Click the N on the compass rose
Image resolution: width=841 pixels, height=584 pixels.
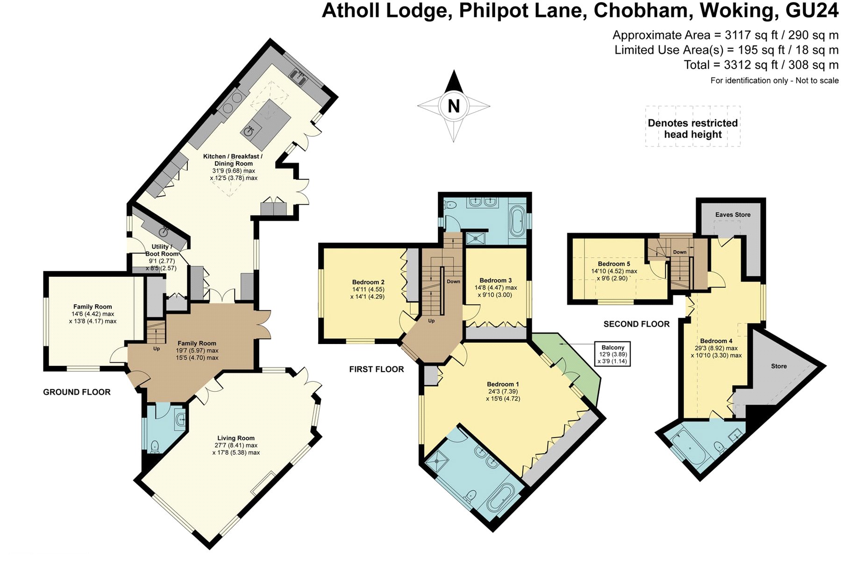pyautogui.click(x=454, y=106)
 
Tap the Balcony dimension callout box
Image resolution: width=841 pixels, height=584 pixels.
pyautogui.click(x=613, y=354)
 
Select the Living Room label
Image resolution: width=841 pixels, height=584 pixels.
pyautogui.click(x=236, y=438)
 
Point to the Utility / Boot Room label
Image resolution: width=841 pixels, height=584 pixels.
pyautogui.click(x=161, y=250)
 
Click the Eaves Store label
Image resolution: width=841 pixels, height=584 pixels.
pyautogui.click(x=733, y=215)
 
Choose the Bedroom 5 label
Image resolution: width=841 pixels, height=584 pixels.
pyautogui.click(x=614, y=264)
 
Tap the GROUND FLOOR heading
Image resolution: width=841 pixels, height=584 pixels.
pyautogui.click(x=77, y=392)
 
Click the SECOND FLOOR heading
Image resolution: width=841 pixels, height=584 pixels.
pyautogui.click(x=636, y=324)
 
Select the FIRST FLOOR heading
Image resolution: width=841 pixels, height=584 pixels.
pyautogui.click(x=377, y=369)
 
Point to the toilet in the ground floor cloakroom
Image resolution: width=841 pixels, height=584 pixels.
pyautogui.click(x=154, y=446)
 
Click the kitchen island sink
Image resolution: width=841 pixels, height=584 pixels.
pyautogui.click(x=249, y=131)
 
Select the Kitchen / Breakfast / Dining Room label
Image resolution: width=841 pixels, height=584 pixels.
pyautogui.click(x=233, y=160)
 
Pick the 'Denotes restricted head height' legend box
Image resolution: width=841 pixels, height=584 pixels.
pyautogui.click(x=693, y=127)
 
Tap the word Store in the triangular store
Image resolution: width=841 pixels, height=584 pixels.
pyautogui.click(x=779, y=366)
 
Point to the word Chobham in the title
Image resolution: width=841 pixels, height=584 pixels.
pyautogui.click(x=642, y=10)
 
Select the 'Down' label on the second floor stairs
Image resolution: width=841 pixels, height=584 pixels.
pyautogui.click(x=680, y=252)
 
